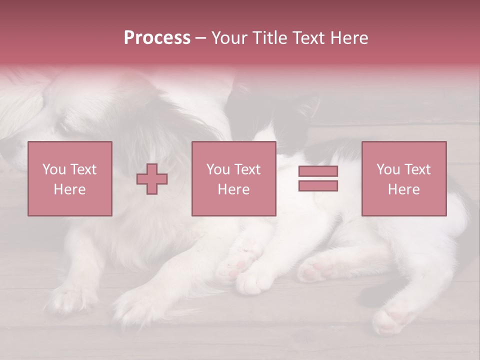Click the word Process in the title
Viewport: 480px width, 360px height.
point(157,38)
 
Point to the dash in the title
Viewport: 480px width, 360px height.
point(201,38)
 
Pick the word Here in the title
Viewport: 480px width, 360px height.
point(350,38)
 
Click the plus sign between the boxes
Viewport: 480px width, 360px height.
point(152,179)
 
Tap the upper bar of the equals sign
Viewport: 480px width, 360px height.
point(318,171)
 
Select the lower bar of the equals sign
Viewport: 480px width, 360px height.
point(318,186)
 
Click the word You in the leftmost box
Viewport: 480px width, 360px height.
point(53,169)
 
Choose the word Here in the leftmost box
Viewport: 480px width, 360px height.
point(69,189)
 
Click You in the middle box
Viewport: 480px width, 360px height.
point(217,169)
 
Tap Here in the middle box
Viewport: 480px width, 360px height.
point(233,189)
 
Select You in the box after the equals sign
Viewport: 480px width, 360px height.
point(387,169)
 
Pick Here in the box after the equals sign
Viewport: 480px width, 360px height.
point(403,189)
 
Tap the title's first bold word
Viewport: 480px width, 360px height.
point(157,38)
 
